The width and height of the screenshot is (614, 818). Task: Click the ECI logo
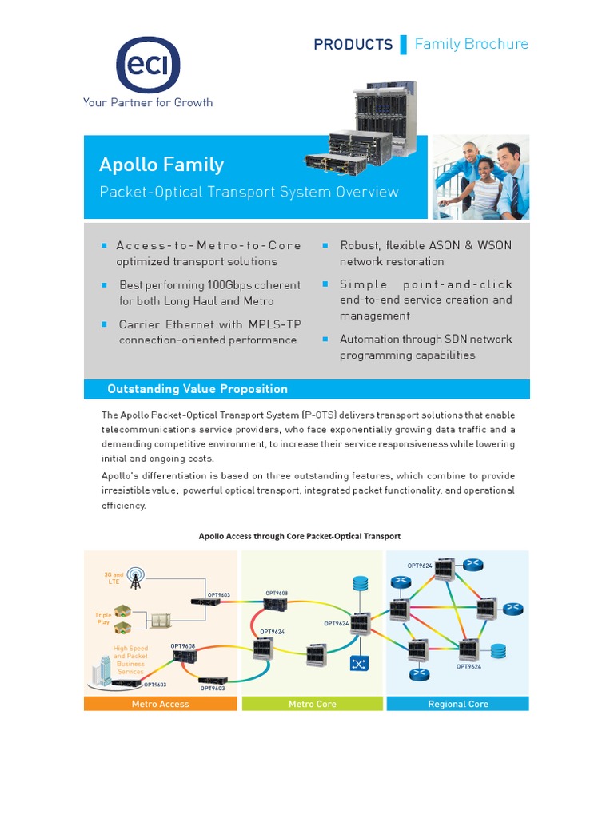click(148, 65)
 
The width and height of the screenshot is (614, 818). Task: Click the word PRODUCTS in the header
click(353, 45)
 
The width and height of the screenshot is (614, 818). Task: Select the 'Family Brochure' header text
click(471, 44)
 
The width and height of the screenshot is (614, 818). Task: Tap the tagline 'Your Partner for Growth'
click(148, 102)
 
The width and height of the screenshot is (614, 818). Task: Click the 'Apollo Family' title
click(161, 165)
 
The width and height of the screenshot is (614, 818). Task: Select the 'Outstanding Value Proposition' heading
click(197, 389)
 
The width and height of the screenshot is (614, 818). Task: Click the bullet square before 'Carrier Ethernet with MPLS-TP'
click(104, 324)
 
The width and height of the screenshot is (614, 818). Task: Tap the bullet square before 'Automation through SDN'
click(325, 340)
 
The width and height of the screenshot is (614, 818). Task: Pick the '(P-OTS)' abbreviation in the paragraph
click(319, 415)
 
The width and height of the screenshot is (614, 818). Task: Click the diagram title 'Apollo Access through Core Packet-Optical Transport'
click(299, 536)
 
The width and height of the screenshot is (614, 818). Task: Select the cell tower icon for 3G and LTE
click(136, 579)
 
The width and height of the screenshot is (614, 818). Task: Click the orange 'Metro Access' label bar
click(161, 704)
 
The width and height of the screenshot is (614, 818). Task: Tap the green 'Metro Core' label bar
click(313, 704)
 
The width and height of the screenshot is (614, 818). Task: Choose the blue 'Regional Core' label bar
click(457, 704)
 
